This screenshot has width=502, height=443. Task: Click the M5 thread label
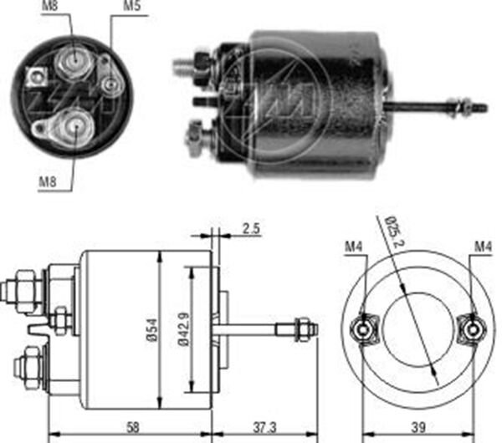tap(131, 8)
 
